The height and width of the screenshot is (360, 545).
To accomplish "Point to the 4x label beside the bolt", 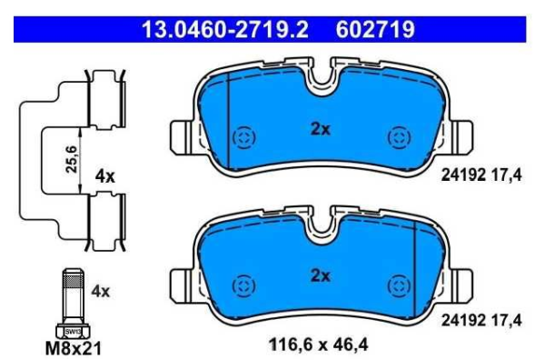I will (100, 292).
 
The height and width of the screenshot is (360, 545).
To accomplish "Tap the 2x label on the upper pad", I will (320, 129).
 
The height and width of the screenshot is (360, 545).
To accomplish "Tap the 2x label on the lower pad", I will (320, 274).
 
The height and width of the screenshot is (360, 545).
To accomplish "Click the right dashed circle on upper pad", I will (397, 137).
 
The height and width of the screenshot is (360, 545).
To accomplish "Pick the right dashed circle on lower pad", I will (397, 285).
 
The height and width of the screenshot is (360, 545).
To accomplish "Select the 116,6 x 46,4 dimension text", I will (317, 345).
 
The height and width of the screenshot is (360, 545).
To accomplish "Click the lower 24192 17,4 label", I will (482, 320).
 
